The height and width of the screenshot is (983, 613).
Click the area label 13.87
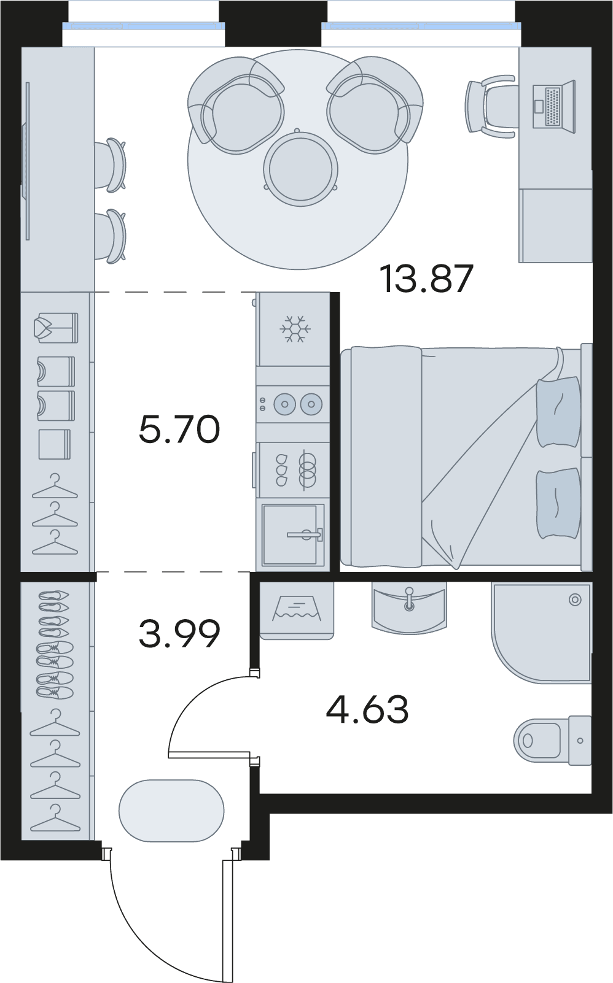(428, 278)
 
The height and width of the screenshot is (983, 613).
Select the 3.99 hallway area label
(179, 634)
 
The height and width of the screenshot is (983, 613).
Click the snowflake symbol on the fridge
(295, 329)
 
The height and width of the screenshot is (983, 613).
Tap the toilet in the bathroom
(552, 741)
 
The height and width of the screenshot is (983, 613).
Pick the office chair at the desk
(490, 106)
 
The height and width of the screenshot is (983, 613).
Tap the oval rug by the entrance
(171, 811)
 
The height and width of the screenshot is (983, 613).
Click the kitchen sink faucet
(305, 534)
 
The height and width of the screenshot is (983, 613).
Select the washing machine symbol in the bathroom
(297, 609)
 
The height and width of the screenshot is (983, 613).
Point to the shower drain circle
(575, 599)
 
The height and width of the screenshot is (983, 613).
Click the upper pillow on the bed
(558, 411)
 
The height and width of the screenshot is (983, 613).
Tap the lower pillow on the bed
(558, 503)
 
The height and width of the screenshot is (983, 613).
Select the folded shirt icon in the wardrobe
(56, 328)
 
